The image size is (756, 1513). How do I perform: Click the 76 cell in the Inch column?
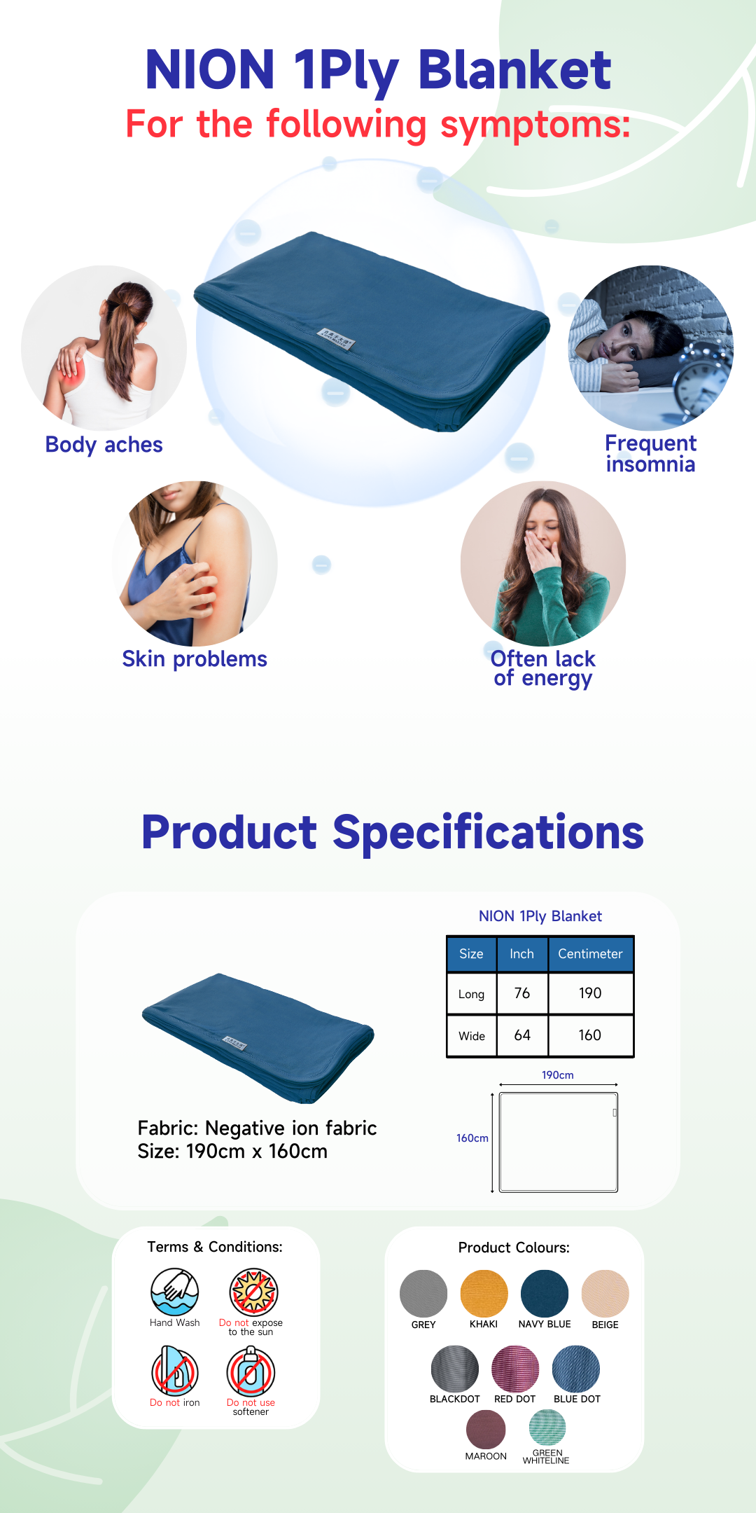522,993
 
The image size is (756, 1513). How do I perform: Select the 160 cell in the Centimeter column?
590,1035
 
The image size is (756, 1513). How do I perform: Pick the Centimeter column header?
590,954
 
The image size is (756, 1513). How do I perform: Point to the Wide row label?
472,1036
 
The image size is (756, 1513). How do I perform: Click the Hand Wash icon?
175,1292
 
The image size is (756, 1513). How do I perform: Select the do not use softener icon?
251,1371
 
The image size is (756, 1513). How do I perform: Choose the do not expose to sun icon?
253,1292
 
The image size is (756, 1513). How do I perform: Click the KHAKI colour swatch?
484,1293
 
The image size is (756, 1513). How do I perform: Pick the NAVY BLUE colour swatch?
545,1293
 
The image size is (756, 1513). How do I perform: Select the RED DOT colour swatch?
515,1369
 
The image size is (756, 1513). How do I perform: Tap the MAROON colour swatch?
486,1429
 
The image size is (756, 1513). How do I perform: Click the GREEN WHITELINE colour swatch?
547,1428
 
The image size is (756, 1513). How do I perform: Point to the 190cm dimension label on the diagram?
558,1075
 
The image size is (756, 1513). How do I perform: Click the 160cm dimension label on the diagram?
472,1138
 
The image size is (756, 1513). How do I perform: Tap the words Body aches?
104,445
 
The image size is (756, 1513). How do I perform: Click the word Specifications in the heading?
488,833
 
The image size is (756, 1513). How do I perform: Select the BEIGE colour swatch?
605,1293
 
